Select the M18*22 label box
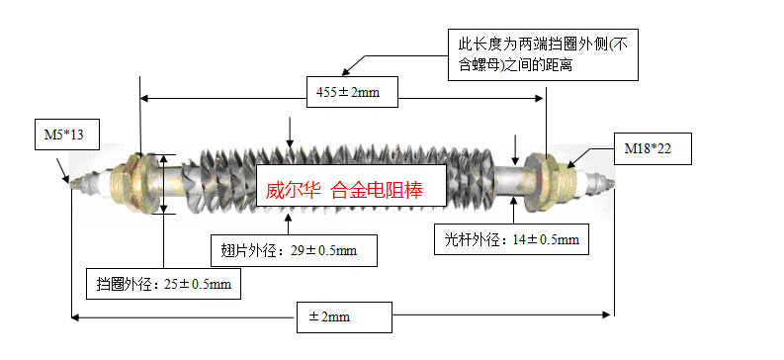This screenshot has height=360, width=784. (x=650, y=150)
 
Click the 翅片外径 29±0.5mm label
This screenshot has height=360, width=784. (x=295, y=250)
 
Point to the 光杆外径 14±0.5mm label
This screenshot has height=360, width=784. (x=513, y=239)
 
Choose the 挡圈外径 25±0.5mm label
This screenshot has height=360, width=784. (x=163, y=284)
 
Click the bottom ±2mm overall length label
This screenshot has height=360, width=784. (x=342, y=317)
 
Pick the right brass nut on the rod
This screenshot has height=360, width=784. (x=552, y=179)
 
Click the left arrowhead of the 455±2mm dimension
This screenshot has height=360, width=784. (x=145, y=97)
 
